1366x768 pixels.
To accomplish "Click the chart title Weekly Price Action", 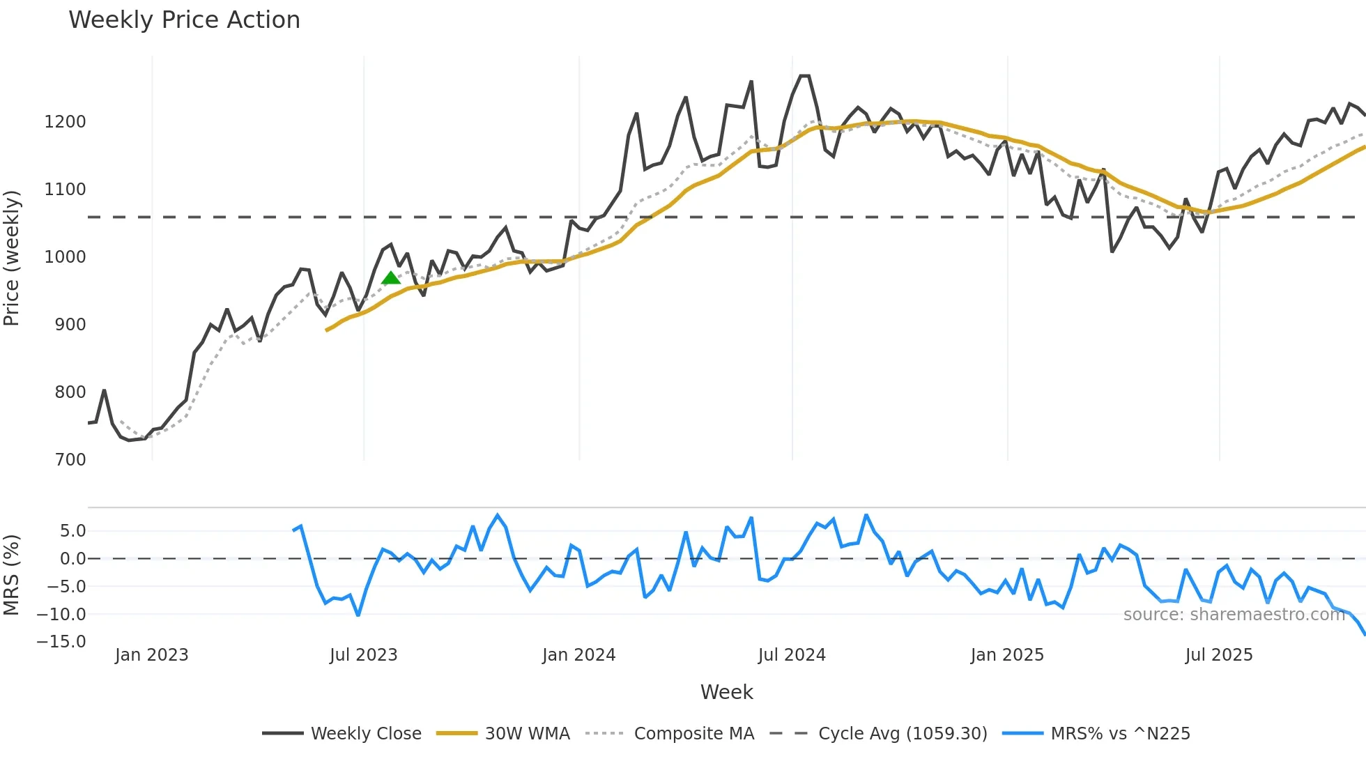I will [184, 20].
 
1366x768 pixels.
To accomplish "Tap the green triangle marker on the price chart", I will [391, 278].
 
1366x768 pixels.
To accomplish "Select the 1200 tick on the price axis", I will [65, 122].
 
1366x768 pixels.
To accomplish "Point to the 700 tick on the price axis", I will [70, 460].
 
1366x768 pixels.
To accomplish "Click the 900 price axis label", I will [70, 325].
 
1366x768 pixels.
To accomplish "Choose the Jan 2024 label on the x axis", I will [578, 655].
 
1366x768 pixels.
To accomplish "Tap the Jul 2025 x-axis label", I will [1219, 655].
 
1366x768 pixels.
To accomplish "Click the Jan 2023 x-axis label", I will [151, 655].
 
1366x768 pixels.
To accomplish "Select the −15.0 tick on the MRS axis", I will [61, 642].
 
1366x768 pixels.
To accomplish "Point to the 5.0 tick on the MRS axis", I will [72, 531].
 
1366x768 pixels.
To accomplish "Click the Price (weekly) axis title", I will [12, 258].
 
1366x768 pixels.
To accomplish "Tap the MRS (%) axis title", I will [12, 575].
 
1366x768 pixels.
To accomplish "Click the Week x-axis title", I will [726, 692].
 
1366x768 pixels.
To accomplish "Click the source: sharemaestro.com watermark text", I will [1234, 615].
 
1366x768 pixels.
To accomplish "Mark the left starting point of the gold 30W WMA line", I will [326, 330].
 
